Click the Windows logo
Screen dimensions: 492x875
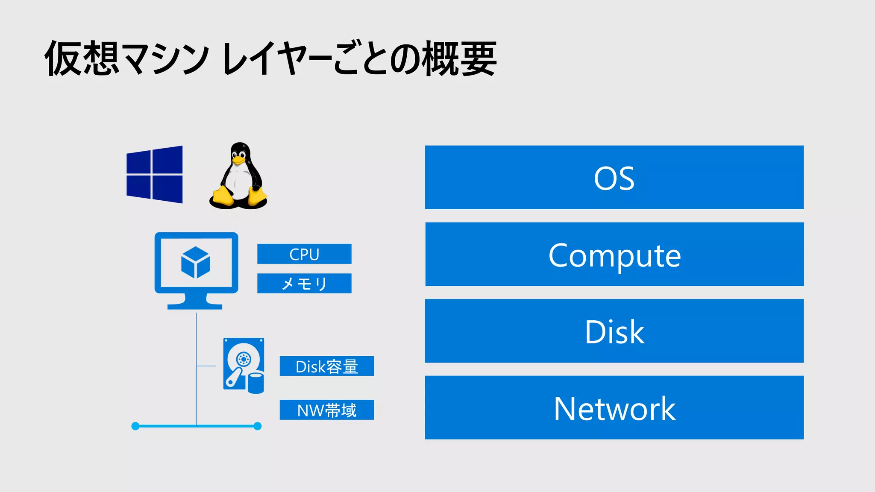pos(155,174)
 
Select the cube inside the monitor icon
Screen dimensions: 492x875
pos(195,262)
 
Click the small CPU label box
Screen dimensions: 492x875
pos(304,254)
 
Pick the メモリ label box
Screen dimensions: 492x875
pos(304,284)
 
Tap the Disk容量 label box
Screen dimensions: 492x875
pos(327,366)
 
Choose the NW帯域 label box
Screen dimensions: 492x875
pos(327,410)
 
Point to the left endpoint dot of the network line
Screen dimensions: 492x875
pos(135,426)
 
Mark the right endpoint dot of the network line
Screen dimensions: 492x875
pos(258,426)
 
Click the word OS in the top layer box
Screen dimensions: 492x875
pos(614,179)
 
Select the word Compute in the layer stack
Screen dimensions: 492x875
pos(614,255)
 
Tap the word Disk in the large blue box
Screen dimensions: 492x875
pos(614,332)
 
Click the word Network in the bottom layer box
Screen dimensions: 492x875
pos(614,409)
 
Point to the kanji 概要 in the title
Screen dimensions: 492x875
pos(459,59)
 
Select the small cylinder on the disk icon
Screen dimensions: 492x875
pos(256,383)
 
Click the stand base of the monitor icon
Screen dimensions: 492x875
pos(195,306)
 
